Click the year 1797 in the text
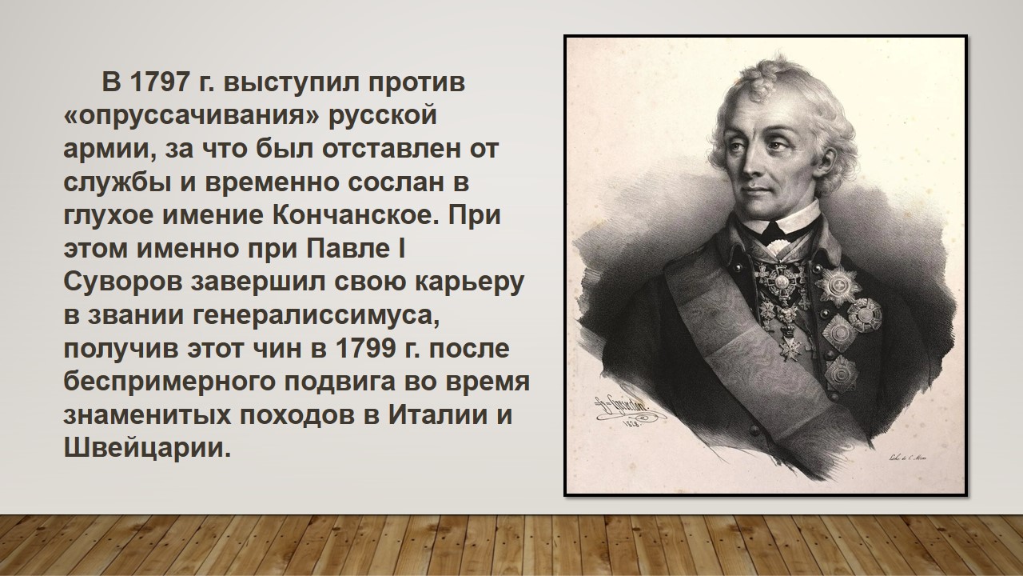[160, 82]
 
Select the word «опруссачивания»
[191, 117]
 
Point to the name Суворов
[123, 283]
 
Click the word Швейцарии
[147, 449]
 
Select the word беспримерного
[169, 382]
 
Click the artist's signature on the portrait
[625, 410]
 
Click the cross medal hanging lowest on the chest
[789, 346]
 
